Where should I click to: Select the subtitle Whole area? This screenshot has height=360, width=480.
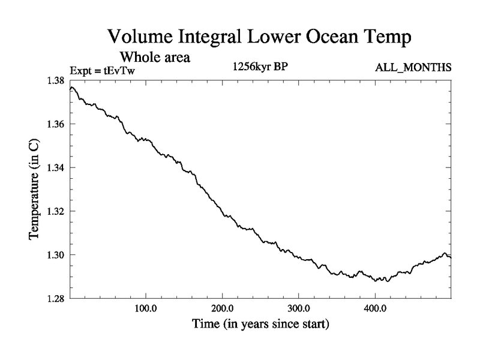point(155,58)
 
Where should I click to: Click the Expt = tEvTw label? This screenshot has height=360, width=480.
point(104,70)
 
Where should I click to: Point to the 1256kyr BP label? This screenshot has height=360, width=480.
point(261,67)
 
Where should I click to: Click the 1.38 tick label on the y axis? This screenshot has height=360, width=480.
point(58,80)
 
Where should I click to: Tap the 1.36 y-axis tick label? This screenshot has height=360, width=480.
point(58,124)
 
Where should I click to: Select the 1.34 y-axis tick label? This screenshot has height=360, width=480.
point(58,167)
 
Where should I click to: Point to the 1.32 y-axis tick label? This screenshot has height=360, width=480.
point(58,211)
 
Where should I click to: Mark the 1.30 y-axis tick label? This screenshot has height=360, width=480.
point(58,255)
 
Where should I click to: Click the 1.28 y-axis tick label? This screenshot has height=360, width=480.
point(58,298)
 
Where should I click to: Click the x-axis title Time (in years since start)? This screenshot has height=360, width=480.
point(260,325)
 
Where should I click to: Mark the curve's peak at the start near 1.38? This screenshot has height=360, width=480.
point(72,88)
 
